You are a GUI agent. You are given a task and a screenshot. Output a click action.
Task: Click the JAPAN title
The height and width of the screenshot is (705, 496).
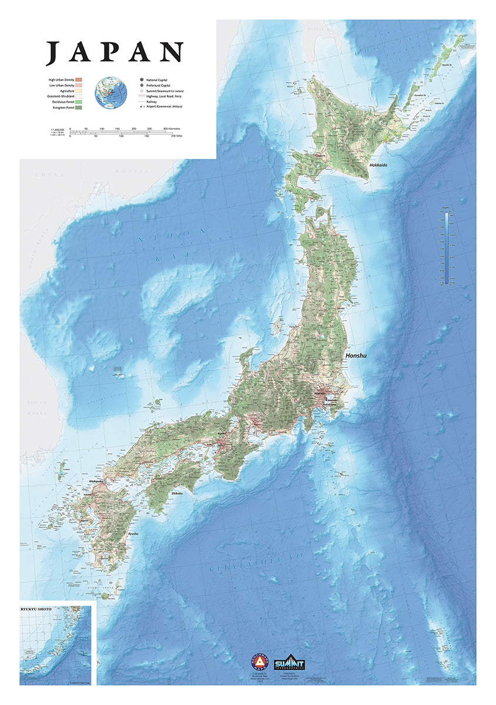[x=115, y=52]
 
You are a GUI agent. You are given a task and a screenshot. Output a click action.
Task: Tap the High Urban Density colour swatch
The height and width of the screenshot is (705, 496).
[x=78, y=79]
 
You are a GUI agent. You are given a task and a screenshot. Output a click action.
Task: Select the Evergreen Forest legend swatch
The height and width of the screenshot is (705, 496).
[x=78, y=108]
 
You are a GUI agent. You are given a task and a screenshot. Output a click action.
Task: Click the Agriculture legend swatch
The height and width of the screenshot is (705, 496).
[x=78, y=90]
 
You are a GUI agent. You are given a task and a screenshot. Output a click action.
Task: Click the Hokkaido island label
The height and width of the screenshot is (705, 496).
[x=379, y=166]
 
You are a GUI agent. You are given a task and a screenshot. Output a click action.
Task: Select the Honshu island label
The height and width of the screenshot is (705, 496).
[x=357, y=356]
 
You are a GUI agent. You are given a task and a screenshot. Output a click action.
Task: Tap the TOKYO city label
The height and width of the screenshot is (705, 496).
[x=320, y=393]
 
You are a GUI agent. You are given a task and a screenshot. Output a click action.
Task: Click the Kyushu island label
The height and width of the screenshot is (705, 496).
[x=133, y=533]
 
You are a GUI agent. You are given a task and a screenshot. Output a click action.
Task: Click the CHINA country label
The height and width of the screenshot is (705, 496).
[x=49, y=174]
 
